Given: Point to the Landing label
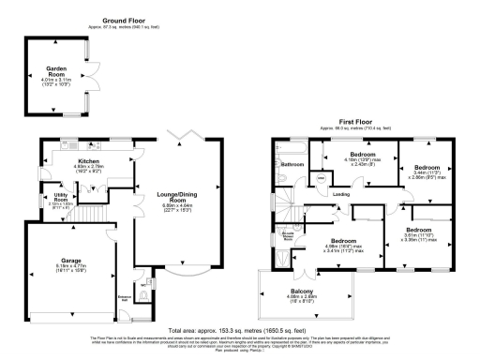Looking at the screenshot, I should pos(342,194).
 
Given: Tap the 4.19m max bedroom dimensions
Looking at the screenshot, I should pos(363,163).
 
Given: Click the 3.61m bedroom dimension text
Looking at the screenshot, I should pos(420,236).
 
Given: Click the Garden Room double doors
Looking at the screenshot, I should pos(95,73).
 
